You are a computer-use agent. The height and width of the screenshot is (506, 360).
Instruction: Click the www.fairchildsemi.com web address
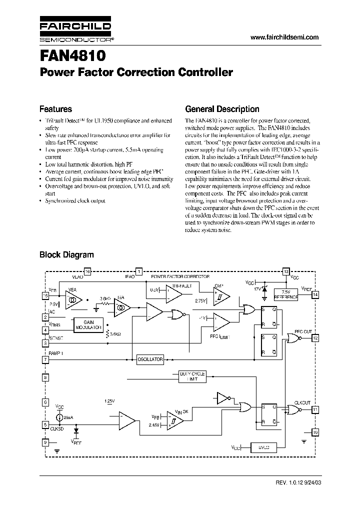click(x=283, y=37)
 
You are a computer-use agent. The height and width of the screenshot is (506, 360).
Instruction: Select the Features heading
click(x=55, y=109)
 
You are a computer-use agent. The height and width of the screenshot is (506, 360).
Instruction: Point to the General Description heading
click(x=222, y=109)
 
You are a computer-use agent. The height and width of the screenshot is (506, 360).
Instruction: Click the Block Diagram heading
click(x=66, y=254)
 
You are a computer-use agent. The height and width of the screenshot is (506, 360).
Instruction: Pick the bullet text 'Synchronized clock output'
click(x=75, y=200)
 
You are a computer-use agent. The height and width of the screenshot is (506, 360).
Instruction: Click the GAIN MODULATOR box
click(x=88, y=325)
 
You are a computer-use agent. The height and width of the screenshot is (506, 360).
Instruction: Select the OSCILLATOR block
click(x=150, y=359)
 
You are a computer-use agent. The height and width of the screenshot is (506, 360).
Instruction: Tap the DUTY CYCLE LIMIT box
click(x=192, y=377)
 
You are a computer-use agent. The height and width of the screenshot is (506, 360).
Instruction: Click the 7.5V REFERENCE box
click(x=286, y=294)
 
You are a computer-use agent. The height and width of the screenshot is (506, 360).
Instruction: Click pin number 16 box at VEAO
click(x=87, y=271)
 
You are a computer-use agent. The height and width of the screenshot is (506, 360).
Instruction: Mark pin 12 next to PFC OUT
click(x=315, y=338)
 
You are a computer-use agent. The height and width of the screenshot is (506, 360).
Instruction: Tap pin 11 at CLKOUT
click(x=315, y=409)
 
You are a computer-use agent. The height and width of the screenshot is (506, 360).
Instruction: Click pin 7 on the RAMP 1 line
click(x=45, y=359)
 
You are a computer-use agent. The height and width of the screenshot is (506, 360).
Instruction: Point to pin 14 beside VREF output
click(x=315, y=294)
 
